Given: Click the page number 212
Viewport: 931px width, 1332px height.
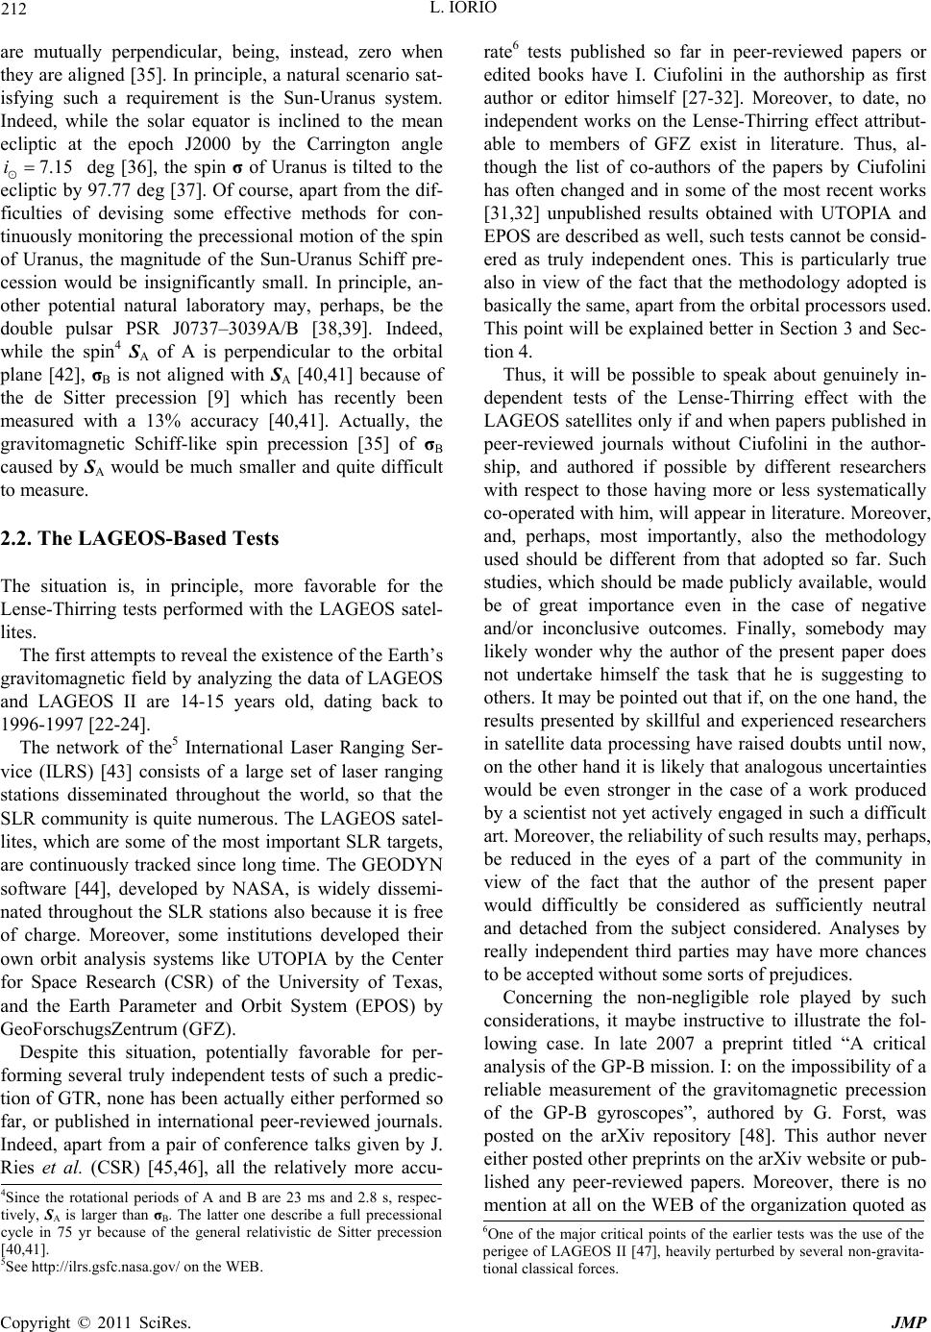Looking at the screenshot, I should click(14, 12).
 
